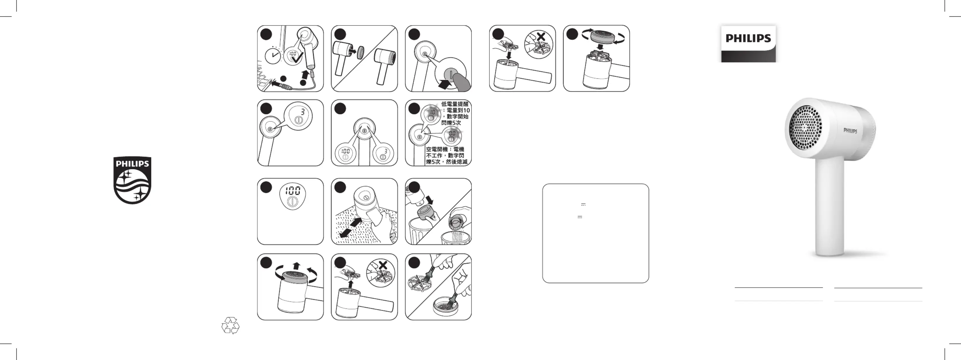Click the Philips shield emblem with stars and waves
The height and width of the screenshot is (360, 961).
point(132,180)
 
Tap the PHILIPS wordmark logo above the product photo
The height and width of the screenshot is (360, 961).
point(748,38)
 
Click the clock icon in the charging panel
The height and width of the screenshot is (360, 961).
point(273,56)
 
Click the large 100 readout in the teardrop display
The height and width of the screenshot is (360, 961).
point(293,191)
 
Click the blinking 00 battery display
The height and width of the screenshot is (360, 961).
point(452,133)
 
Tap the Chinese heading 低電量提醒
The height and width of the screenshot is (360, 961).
point(455,104)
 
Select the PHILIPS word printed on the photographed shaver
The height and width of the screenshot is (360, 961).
point(850,130)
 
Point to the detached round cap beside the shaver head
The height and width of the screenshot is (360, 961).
point(360,53)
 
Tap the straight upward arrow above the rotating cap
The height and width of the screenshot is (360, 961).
point(296,266)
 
